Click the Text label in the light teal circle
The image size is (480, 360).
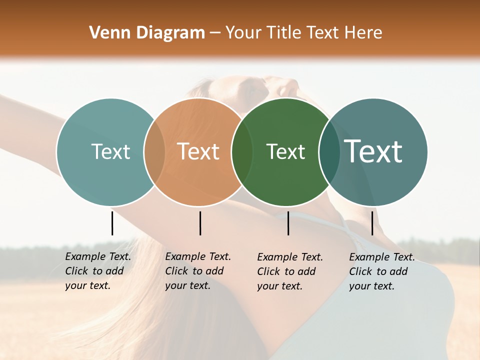coord(110,151)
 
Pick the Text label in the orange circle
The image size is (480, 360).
coord(198,151)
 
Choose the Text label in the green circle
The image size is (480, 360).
coord(285,151)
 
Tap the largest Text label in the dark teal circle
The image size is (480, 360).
coord(373,151)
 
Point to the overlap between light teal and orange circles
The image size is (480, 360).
coord(154,152)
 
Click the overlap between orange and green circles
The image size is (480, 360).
coord(242,152)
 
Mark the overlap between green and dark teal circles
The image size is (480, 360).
coord(329,152)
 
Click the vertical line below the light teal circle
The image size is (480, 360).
coord(112,223)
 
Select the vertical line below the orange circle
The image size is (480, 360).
coord(200,223)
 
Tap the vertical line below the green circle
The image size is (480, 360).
coord(288,223)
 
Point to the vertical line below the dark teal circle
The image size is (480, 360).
coord(372,223)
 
